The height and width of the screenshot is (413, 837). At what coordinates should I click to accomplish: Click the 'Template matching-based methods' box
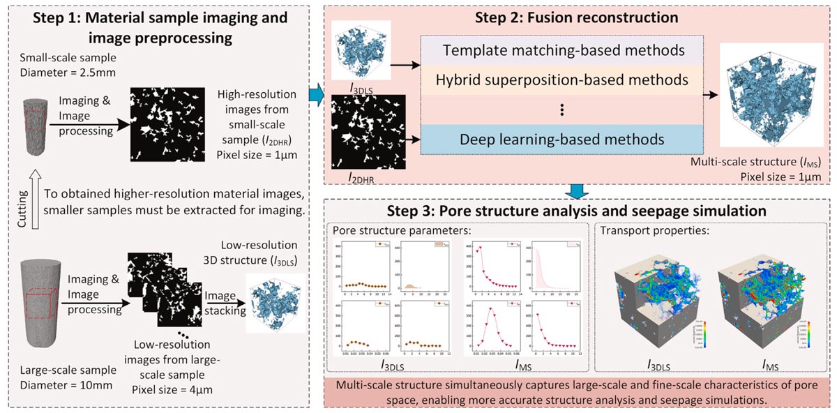pos(561,50)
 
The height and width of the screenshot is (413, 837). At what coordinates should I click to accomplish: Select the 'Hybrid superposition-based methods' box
pos(561,79)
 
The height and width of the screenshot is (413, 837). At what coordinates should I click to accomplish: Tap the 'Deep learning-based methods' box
pos(561,139)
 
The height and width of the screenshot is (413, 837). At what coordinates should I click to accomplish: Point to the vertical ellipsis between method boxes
pos(561,110)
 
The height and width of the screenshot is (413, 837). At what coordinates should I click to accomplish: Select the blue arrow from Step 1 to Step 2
pos(315,94)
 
